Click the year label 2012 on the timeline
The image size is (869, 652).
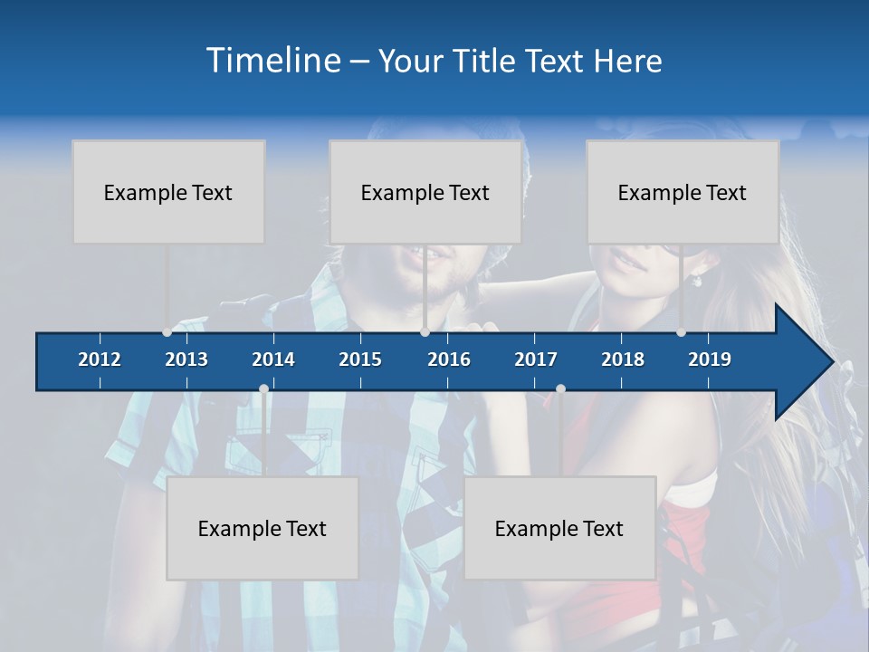pos(100,360)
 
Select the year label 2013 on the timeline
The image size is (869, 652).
pos(186,360)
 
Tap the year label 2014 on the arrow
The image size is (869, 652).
pos(273,360)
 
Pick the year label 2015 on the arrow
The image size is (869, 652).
pos(360,360)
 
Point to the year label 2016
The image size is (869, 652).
pos(449,360)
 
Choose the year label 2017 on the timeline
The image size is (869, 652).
pos(536,360)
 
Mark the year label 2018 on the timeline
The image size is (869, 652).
pos(623,360)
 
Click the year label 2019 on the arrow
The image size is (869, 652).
pos(710,360)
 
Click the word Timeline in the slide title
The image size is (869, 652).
pos(272,61)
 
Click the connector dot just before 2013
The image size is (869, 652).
pos(167,332)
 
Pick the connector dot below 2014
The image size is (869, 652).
pos(263,389)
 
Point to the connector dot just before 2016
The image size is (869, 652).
pos(425,332)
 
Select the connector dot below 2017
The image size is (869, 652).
pos(560,389)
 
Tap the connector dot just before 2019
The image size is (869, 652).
pos(681,332)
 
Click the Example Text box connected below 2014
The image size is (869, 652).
pos(263,528)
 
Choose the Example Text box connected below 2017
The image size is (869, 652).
pos(559,528)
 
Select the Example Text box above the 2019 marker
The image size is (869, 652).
pos(683,192)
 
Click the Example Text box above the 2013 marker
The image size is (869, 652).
pos(168,192)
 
